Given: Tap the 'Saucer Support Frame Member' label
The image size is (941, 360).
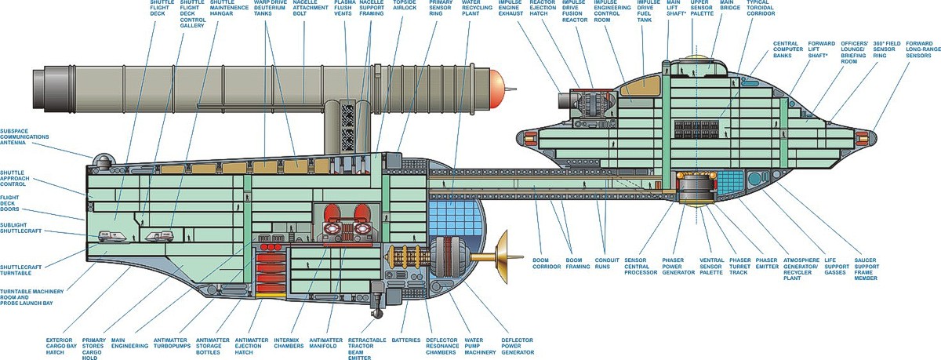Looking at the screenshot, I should click(896, 268).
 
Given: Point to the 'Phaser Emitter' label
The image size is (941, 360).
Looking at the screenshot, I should click(766, 260).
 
